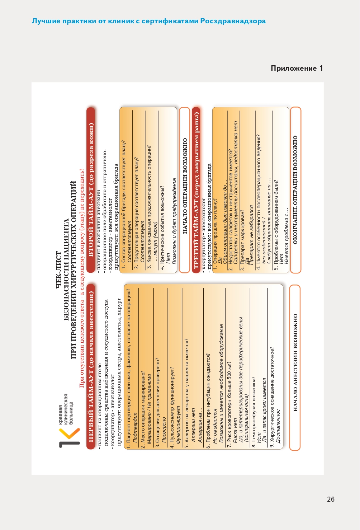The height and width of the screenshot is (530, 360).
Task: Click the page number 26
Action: pos(331,499)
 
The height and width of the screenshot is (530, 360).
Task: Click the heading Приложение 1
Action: pos(297,68)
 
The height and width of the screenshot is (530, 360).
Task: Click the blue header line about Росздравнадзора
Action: pos(149,21)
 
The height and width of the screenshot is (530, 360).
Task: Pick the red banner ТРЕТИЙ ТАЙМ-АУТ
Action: pos(196,190)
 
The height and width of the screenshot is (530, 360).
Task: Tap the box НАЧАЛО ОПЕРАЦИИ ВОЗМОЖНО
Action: pos(185,190)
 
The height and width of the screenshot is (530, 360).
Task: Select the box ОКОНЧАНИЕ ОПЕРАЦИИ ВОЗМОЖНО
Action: pos(295,190)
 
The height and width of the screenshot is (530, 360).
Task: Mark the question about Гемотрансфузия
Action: pos(254,408)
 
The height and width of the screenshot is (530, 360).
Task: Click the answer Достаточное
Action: pos(278,427)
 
